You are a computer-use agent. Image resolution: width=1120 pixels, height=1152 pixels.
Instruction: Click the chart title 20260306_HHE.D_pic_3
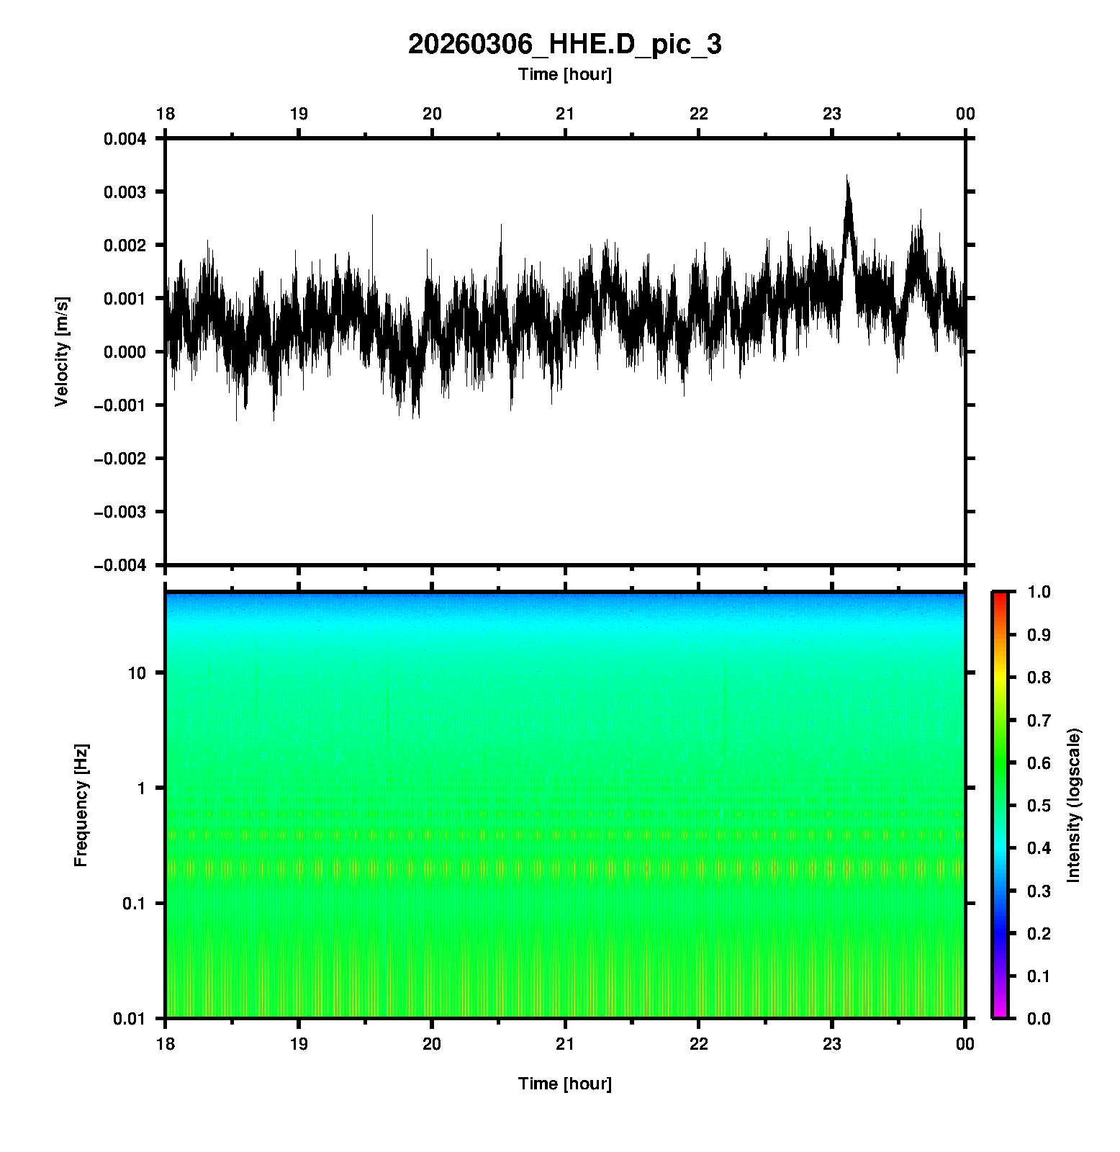[x=564, y=45]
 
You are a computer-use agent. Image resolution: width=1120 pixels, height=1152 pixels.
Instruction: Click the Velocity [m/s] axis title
[x=62, y=351]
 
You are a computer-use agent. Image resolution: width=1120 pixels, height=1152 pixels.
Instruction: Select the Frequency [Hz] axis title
[x=81, y=806]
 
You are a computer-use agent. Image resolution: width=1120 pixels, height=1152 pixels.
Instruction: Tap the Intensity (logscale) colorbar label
[x=1074, y=805]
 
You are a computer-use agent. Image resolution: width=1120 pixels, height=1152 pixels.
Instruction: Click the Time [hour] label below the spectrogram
[x=564, y=1084]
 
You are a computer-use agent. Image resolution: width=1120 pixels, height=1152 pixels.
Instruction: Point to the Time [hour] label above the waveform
[x=564, y=74]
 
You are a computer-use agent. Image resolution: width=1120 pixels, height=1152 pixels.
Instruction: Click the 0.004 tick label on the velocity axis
[x=125, y=139]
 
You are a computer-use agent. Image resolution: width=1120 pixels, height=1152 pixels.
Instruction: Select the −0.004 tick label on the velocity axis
[x=119, y=565]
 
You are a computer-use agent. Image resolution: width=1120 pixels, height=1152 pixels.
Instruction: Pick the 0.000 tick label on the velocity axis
[x=125, y=352]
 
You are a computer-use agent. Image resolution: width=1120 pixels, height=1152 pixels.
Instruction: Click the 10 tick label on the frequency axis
[x=137, y=673]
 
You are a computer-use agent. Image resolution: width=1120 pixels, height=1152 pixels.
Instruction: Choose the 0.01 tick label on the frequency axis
[x=130, y=1018]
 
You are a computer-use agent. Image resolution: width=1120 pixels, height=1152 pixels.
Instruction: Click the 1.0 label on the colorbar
[x=1038, y=592]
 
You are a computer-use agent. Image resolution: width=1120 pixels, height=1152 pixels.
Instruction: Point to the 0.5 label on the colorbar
[x=1038, y=805]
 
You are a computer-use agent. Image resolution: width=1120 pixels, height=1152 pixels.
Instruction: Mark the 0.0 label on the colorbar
[x=1038, y=1018]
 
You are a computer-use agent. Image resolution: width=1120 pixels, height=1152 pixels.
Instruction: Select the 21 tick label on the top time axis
[x=565, y=114]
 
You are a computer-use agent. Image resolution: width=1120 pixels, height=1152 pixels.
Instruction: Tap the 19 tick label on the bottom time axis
[x=299, y=1044]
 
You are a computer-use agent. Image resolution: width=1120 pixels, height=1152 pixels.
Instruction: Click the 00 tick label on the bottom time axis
[x=965, y=1044]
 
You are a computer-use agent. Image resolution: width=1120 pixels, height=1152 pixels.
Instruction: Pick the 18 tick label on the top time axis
[x=166, y=114]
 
